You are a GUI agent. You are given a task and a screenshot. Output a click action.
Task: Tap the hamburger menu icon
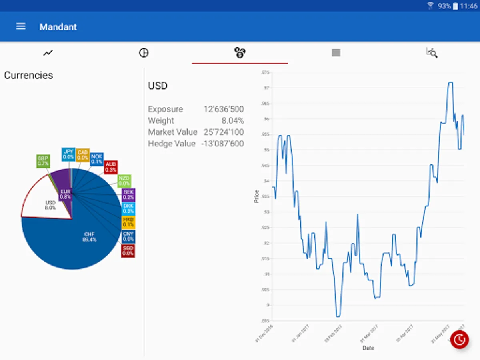(20, 26)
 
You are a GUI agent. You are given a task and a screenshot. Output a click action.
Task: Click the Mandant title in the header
(58, 27)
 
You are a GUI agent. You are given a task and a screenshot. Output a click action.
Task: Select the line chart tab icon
(48, 52)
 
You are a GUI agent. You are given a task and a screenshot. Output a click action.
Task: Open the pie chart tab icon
(144, 52)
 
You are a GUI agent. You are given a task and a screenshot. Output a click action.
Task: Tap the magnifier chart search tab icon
(432, 52)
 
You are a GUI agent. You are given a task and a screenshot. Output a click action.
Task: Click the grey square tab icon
(336, 52)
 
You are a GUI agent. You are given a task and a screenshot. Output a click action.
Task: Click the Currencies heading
(28, 75)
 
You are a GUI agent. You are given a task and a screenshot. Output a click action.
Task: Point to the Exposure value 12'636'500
(223, 109)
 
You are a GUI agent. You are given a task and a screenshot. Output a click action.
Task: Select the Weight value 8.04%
(232, 120)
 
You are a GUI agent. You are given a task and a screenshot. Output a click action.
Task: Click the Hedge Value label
(172, 143)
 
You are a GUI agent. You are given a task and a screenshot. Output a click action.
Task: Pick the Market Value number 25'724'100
(223, 132)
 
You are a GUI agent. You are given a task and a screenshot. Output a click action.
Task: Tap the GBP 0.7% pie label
(43, 161)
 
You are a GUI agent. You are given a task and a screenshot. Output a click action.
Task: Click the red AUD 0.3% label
(111, 167)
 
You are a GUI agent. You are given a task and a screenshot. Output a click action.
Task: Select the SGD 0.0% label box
(128, 251)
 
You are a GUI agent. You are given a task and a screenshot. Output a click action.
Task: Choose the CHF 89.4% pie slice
(76, 244)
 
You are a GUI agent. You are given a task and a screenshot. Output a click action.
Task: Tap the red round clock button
(460, 340)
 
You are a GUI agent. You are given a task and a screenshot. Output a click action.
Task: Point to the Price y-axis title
(257, 196)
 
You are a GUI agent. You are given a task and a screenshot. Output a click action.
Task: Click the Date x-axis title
(368, 348)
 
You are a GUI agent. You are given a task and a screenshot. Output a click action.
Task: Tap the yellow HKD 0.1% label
(128, 222)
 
